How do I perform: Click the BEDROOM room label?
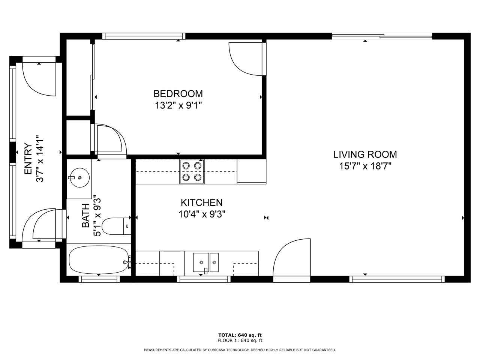tap(178, 94)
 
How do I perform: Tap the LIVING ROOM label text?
tap(365, 154)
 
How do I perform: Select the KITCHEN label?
tap(202, 202)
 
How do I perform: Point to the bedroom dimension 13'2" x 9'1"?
tap(178, 106)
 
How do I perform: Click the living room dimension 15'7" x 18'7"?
tap(365, 166)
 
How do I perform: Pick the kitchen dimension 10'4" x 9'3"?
tap(202, 214)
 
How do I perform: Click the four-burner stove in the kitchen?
tap(192, 172)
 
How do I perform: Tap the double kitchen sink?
tap(206, 262)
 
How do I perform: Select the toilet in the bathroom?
tap(116, 226)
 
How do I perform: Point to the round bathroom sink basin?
tap(79, 177)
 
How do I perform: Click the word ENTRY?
tap(28, 159)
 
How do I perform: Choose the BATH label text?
tap(86, 216)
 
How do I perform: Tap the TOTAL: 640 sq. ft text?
tap(240, 335)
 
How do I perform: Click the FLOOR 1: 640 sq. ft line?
tap(240, 340)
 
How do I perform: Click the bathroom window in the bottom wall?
tap(99, 279)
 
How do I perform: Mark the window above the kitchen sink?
tap(204, 279)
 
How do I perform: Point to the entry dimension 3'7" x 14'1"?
tap(40, 159)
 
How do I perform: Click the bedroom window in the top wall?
tap(144, 36)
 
